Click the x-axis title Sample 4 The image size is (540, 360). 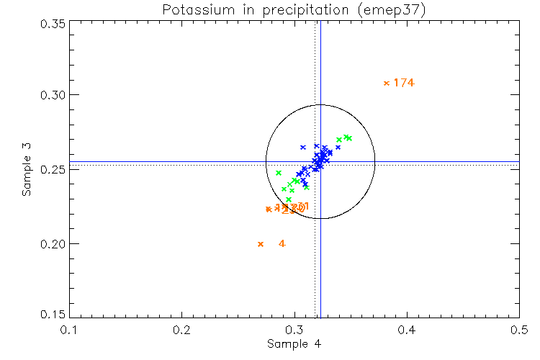pyautogui.click(x=294, y=344)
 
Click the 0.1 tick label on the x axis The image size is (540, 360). pyautogui.click(x=69, y=330)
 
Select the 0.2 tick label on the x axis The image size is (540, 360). pyautogui.click(x=182, y=330)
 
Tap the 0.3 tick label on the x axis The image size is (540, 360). pyautogui.click(x=294, y=330)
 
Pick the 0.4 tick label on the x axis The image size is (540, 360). pyautogui.click(x=407, y=330)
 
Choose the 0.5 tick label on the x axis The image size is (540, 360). pyautogui.click(x=519, y=330)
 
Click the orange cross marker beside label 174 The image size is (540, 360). pyautogui.click(x=387, y=83)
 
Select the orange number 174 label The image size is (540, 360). pyautogui.click(x=404, y=83)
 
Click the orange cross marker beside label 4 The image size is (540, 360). pyautogui.click(x=261, y=244)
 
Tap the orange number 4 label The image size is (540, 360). pyautogui.click(x=282, y=244)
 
